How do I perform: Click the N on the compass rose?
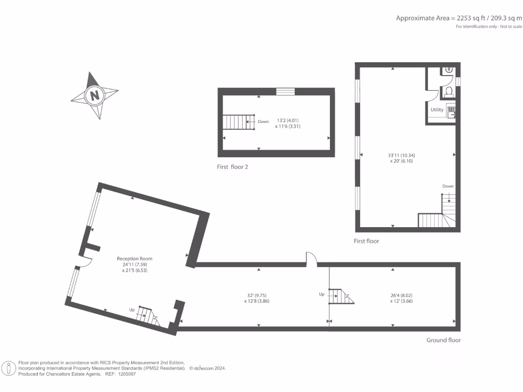pyautogui.click(x=94, y=95)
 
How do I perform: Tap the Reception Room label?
pyautogui.click(x=134, y=259)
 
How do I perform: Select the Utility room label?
pyautogui.click(x=437, y=110)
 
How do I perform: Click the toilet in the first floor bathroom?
pyautogui.click(x=449, y=91)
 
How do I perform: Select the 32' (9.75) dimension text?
pyautogui.click(x=258, y=295)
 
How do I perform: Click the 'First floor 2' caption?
pyautogui.click(x=232, y=167)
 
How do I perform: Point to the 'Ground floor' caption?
pyautogui.click(x=443, y=340)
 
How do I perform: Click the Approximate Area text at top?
pyautogui.click(x=459, y=18)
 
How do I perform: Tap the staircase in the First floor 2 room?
pyautogui.click(x=238, y=122)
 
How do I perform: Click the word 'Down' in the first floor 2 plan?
pyautogui.click(x=263, y=121)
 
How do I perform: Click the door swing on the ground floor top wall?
pyautogui.click(x=312, y=259)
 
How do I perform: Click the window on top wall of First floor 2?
pyautogui.click(x=286, y=91)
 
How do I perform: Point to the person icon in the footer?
pyautogui.click(x=9, y=368)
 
